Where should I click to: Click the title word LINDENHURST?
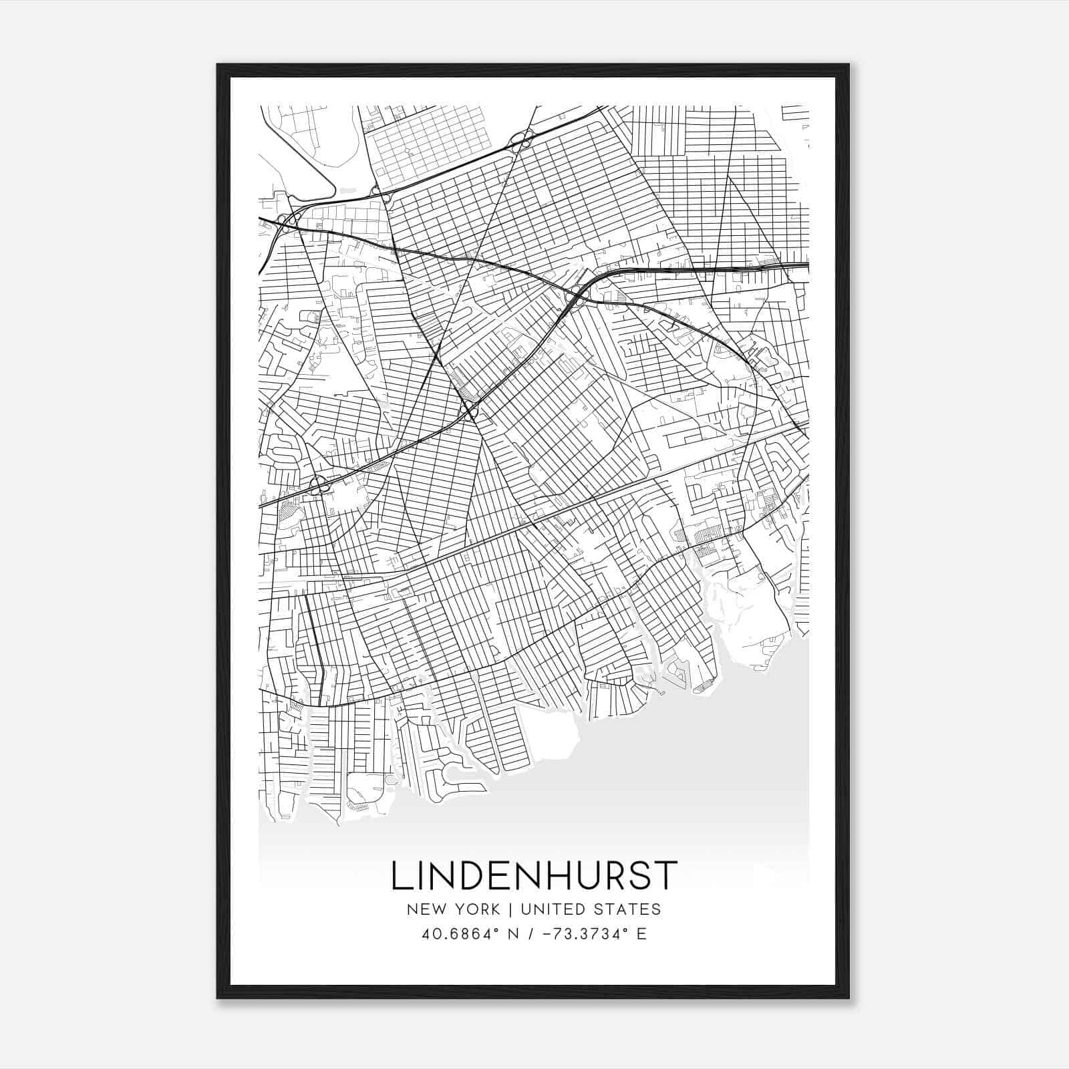pyautogui.click(x=534, y=876)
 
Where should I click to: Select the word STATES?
pyautogui.click(x=628, y=909)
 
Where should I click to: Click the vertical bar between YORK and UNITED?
pyautogui.click(x=510, y=909)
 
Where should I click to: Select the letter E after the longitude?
pyautogui.click(x=641, y=934)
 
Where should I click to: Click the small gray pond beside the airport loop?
pyautogui.click(x=347, y=190)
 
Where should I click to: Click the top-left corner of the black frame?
pyautogui.click(x=218, y=65)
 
